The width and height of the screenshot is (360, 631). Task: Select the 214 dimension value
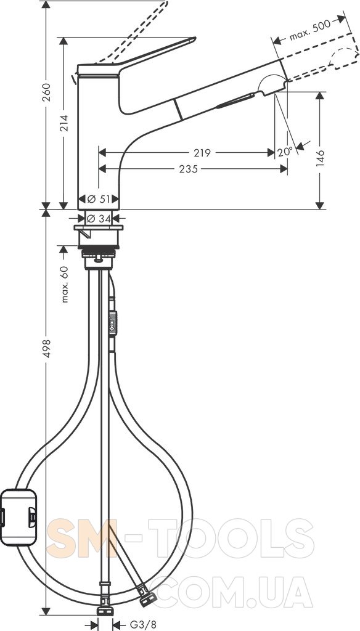[x=63, y=123]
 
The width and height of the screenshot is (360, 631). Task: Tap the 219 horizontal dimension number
[x=202, y=153]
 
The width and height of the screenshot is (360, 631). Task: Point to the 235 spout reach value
[x=189, y=169]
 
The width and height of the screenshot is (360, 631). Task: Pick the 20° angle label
[x=285, y=152]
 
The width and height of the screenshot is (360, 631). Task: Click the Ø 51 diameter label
[x=98, y=199]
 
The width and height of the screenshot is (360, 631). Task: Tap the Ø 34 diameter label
[x=98, y=219]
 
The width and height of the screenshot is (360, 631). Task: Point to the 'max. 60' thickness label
[x=65, y=284]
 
